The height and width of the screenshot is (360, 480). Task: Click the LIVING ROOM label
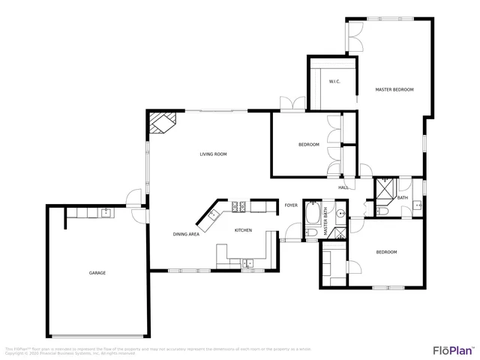pos(213,154)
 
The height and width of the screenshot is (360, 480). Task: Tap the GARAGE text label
pos(97,273)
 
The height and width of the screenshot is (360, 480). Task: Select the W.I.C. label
pos(334,82)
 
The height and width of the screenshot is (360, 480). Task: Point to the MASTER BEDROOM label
pos(394,90)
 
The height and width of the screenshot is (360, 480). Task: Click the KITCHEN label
pos(243,230)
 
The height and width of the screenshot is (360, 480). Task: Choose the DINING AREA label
pos(186,235)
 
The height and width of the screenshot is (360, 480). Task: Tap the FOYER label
pos(291,205)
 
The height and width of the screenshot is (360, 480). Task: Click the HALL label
pos(343,187)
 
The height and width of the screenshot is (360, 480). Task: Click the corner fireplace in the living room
pos(161,122)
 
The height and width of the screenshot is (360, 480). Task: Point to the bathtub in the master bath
pos(312,213)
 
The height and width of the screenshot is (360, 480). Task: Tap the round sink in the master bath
pos(340,214)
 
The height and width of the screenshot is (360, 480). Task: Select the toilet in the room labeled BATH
pos(381,212)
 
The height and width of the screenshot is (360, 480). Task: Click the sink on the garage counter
pos(106,212)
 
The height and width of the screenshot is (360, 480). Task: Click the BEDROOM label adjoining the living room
pos(309,145)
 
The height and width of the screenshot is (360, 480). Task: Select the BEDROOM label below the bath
pos(386,252)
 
